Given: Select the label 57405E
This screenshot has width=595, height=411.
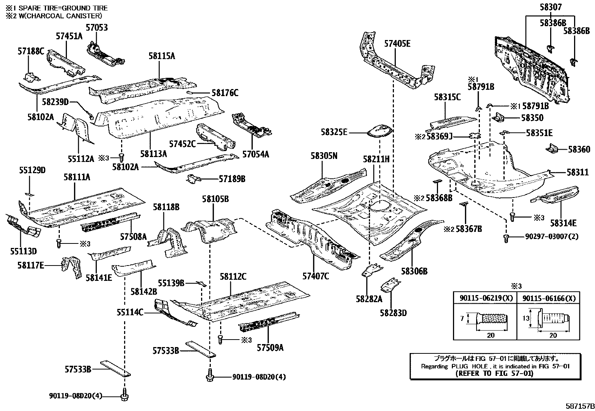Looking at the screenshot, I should tap(397, 44).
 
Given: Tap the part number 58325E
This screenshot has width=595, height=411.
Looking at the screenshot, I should tap(334, 132).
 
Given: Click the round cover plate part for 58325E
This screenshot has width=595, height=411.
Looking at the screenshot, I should tap(380, 132).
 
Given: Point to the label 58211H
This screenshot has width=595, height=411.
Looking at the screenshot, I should tap(376, 159).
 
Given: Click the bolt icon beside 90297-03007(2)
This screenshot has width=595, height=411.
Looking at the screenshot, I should tap(506, 237).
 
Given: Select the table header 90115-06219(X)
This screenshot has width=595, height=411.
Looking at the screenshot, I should tap(485, 298).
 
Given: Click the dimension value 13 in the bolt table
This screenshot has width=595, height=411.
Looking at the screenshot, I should tap(526, 318).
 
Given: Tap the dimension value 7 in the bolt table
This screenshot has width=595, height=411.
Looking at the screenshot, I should tap(462, 318).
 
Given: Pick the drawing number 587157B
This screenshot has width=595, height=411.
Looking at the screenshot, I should tap(579, 406).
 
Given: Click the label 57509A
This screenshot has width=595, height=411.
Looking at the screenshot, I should tap(270, 348).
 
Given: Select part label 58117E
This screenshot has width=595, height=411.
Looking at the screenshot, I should tap(31, 266).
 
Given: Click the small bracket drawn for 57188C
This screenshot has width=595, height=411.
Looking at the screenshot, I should tap(31, 77).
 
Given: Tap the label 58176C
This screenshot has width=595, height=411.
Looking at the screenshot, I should tap(225, 93).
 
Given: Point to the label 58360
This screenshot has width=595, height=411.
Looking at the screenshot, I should tap(579, 149).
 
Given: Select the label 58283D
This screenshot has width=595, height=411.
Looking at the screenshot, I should tap(393, 313).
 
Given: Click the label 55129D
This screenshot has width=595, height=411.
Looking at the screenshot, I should tap(32, 170).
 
